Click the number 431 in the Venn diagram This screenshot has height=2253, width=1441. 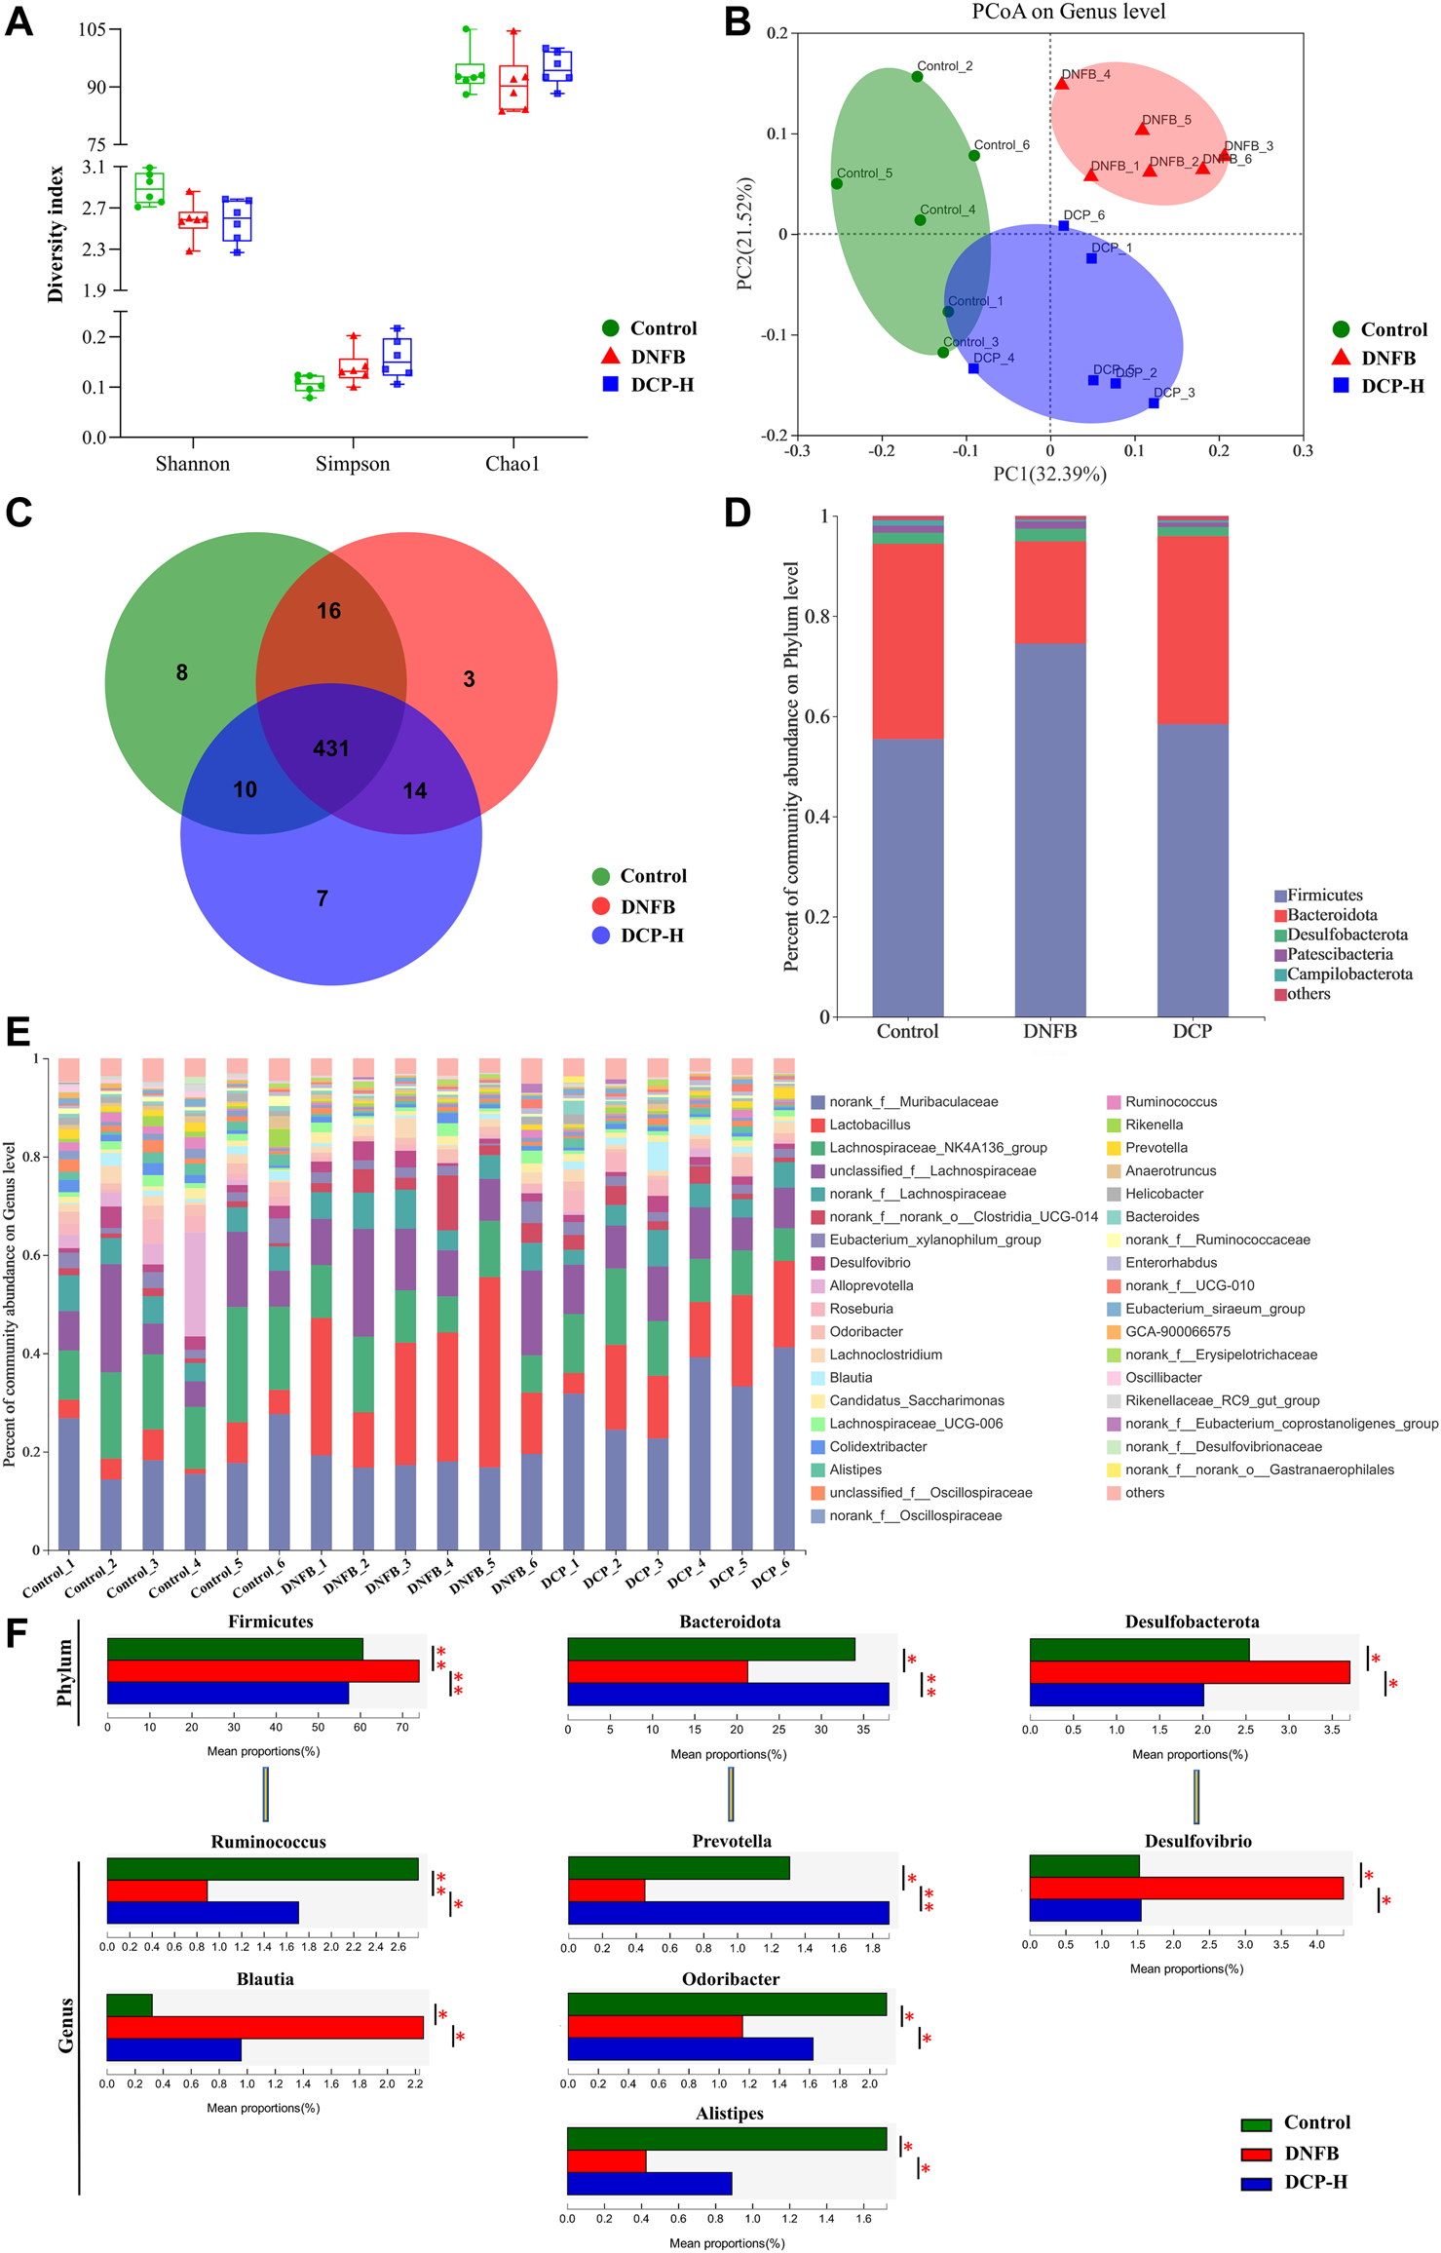tap(330, 748)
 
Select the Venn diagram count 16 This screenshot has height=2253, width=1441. tap(328, 611)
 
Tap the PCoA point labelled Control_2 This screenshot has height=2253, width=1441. tap(917, 77)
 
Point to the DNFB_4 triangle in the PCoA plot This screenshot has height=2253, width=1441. tap(1061, 84)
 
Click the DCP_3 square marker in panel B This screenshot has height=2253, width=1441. tap(1154, 402)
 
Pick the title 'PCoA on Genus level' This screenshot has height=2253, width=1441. tap(1068, 12)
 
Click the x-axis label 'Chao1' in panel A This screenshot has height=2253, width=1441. tap(512, 464)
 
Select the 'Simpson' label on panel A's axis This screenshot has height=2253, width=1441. tap(352, 464)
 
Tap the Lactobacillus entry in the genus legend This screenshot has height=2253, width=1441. tap(869, 1125)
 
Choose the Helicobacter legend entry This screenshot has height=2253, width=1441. tap(1163, 1194)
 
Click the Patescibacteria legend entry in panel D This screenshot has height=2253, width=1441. tap(1340, 954)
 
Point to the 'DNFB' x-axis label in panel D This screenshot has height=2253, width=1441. tap(1049, 1031)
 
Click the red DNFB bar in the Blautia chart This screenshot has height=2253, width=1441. tap(265, 2028)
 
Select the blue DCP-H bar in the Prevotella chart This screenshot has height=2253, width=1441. tap(728, 1913)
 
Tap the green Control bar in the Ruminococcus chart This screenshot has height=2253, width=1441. tap(262, 1869)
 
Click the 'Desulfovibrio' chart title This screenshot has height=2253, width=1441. tap(1197, 1841)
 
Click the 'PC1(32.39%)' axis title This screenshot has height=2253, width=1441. tap(1049, 475)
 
